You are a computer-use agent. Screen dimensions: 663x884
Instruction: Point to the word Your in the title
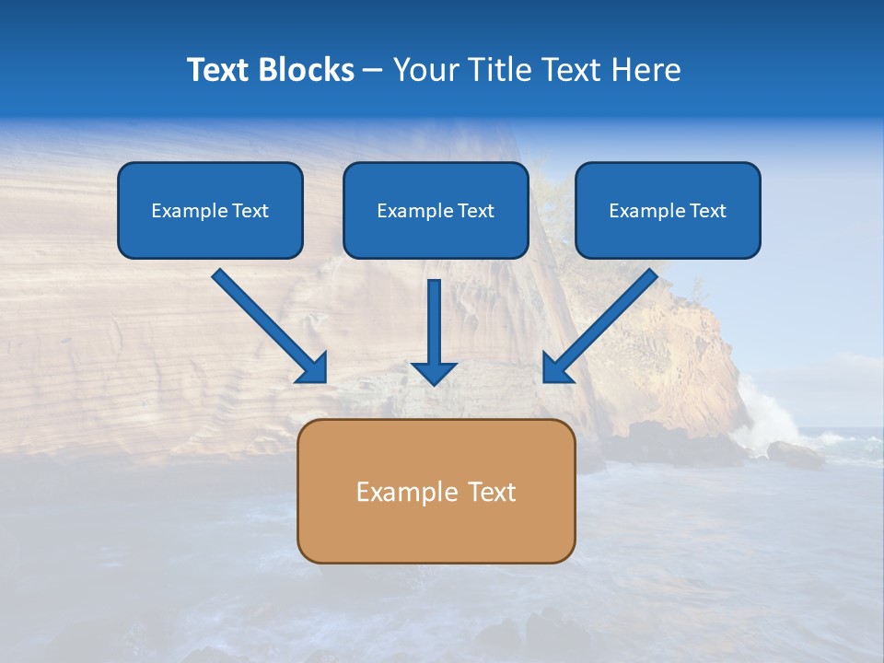(x=426, y=70)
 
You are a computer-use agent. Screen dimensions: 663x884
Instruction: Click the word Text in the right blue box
(x=708, y=211)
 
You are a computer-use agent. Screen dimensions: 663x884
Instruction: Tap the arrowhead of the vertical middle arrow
(x=434, y=372)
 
